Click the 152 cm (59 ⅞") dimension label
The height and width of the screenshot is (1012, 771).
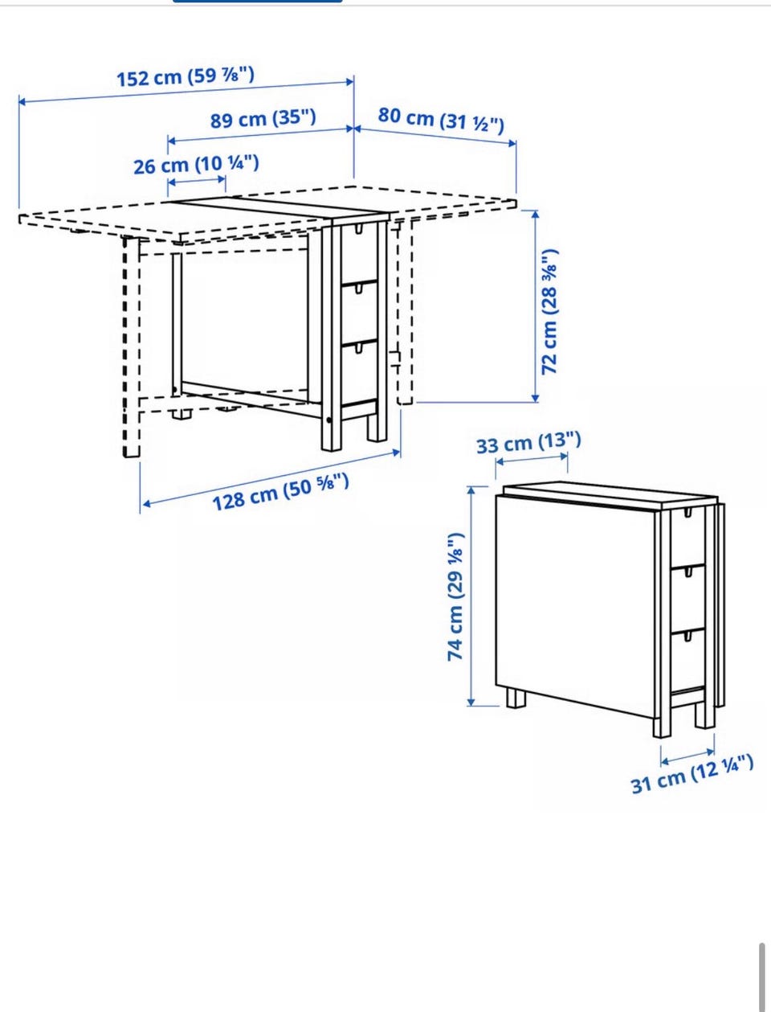click(186, 76)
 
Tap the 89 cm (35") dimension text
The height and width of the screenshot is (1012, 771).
click(263, 119)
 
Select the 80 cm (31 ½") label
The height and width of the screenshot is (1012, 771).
click(441, 120)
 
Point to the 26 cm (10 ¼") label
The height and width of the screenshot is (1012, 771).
click(196, 165)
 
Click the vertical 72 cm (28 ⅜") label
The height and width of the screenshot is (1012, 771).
click(549, 312)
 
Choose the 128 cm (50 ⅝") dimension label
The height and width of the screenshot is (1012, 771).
click(280, 492)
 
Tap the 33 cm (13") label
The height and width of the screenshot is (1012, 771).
click(528, 443)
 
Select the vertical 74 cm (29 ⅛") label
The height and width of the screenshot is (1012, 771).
click(456, 597)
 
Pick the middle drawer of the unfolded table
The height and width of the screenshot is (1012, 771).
click(359, 312)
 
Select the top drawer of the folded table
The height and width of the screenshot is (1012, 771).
click(687, 538)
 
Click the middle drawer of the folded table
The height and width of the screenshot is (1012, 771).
click(687, 598)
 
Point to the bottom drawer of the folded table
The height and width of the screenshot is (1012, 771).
click(687, 660)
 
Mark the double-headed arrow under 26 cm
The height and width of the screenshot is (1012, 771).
click(197, 181)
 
